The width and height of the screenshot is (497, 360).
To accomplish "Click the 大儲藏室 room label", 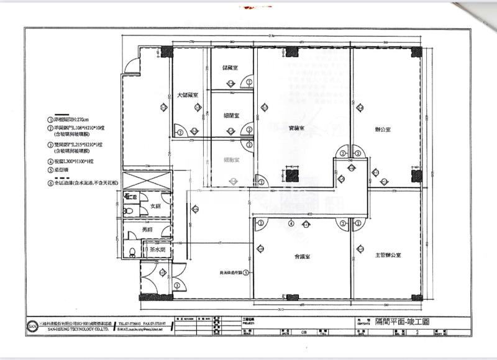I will pos(187,96).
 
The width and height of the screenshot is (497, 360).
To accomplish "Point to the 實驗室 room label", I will pos(297,128).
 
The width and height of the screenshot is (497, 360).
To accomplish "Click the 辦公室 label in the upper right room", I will pos(383,130).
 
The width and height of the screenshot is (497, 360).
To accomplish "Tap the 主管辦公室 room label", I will pos(388,255).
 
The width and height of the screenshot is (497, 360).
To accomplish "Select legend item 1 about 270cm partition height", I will pos(67,119).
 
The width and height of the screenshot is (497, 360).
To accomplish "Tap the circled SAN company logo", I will pos(32,325).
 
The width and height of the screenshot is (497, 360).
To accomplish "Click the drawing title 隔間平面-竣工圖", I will pos(402,324).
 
